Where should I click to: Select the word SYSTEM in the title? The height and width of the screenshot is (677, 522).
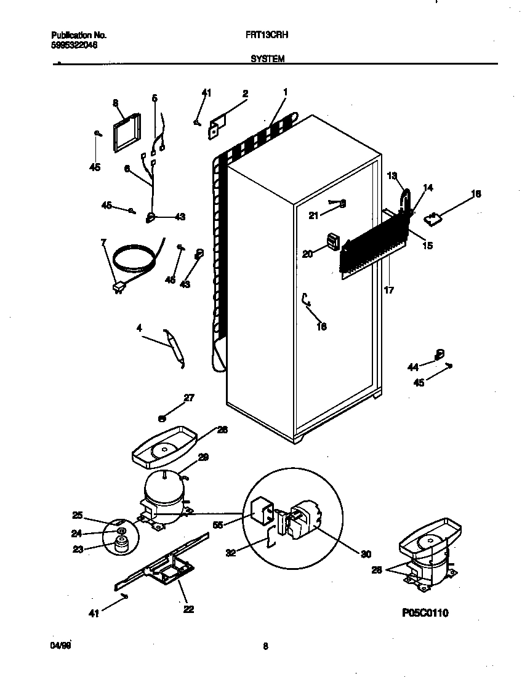267,59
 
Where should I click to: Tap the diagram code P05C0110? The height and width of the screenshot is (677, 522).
425,613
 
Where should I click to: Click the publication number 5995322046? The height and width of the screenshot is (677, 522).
73,45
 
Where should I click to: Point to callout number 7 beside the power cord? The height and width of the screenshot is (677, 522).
103,242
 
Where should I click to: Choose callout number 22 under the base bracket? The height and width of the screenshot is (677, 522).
188,609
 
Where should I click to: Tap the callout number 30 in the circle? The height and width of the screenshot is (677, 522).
366,554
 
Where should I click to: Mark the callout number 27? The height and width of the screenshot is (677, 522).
189,398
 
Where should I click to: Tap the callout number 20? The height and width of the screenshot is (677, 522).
308,253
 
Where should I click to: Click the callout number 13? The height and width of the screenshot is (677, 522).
392,176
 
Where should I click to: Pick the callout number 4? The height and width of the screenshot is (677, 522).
139,329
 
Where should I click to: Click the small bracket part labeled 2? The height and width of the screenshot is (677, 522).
217,127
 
